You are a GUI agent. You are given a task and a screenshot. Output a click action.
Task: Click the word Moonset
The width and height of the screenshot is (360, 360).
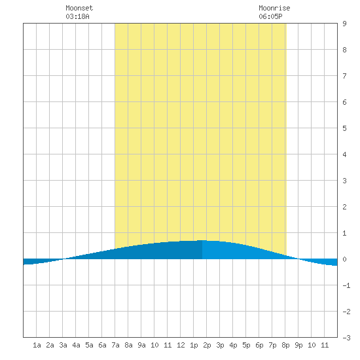tap(79, 8)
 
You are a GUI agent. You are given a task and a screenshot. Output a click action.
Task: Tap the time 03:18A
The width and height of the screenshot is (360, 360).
tap(77, 16)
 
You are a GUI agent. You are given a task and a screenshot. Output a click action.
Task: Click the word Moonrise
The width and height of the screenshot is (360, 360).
tap(274, 8)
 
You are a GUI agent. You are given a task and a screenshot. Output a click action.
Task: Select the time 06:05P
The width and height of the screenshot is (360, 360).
tap(270, 16)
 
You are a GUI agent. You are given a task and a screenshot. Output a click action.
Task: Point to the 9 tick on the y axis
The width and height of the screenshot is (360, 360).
tap(344, 24)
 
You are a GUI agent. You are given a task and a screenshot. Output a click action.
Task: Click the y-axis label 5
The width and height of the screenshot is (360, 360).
tap(344, 128)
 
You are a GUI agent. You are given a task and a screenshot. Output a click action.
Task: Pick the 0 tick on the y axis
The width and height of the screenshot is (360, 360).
tap(344, 259)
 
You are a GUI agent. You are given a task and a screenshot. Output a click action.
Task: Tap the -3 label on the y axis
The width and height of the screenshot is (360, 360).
tap(346, 338)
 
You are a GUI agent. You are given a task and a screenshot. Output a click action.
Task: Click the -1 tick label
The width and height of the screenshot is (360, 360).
tap(346, 285)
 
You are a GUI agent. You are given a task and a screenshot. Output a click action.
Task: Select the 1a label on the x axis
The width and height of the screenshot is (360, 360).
tap(37, 345)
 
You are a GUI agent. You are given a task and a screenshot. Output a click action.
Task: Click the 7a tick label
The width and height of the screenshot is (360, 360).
tap(115, 345)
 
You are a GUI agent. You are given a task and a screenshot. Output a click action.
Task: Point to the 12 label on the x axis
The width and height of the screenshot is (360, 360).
tap(181, 345)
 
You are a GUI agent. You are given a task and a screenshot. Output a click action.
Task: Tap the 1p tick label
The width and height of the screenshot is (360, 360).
tap(194, 345)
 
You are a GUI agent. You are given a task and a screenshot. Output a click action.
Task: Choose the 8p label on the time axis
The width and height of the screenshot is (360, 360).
tap(285, 345)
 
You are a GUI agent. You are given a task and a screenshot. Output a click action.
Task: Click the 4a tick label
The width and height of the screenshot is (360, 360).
tap(76, 345)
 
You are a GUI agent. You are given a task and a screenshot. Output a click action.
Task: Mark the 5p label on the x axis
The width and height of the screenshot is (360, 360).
tap(246, 345)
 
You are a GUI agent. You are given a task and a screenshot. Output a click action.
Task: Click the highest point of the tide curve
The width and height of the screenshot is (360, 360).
tap(202, 240)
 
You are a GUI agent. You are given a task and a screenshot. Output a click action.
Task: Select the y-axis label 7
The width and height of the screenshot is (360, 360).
tap(344, 76)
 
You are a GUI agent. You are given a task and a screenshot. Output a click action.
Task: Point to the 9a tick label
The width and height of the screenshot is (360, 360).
tap(141, 345)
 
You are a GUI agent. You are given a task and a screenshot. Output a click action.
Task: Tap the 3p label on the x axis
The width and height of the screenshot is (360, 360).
tap(220, 345)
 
